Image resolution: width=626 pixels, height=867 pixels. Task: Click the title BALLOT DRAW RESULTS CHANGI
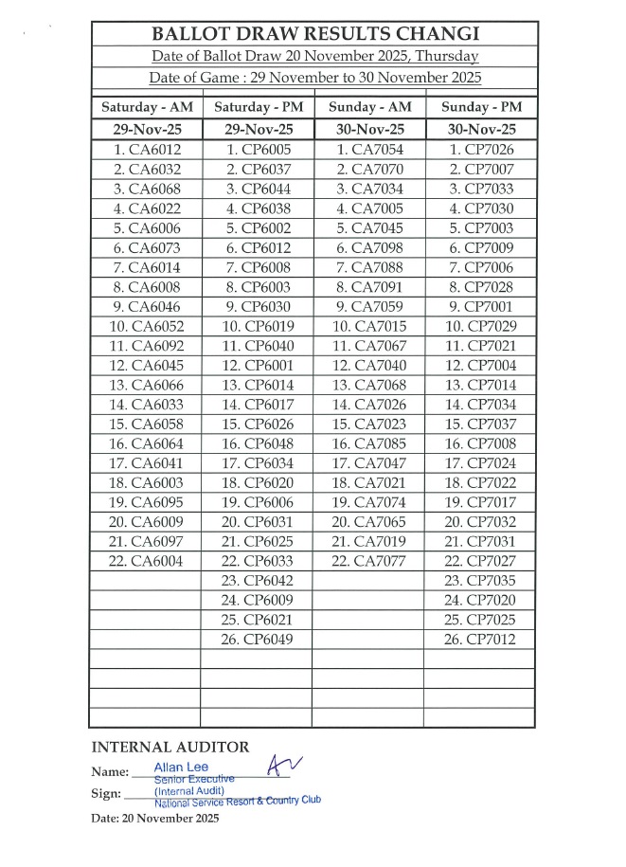click(313, 36)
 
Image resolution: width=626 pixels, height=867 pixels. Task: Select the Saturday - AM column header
click(147, 107)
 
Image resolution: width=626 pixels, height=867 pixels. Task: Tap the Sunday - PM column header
click(480, 107)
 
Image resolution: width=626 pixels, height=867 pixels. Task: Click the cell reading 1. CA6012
click(147, 150)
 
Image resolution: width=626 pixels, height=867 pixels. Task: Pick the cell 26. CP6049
click(257, 640)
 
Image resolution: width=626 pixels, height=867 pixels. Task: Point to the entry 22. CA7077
click(367, 561)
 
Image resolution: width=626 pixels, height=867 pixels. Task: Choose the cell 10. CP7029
click(480, 326)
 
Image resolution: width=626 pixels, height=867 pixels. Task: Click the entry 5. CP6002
click(257, 228)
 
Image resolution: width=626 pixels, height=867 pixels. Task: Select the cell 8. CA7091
click(367, 287)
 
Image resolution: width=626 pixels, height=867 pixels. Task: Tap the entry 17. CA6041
click(147, 463)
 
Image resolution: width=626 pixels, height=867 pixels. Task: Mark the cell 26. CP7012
click(480, 640)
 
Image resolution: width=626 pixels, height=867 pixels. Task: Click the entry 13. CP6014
click(257, 385)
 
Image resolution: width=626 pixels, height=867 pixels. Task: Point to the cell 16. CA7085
click(367, 443)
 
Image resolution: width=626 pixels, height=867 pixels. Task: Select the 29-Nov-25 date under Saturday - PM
click(257, 130)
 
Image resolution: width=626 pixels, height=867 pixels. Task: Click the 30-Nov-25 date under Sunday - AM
click(367, 130)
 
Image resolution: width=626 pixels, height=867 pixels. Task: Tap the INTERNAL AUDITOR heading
click(170, 748)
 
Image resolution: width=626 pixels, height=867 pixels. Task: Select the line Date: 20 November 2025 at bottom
click(155, 818)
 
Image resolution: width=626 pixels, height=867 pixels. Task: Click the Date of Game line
click(313, 78)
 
